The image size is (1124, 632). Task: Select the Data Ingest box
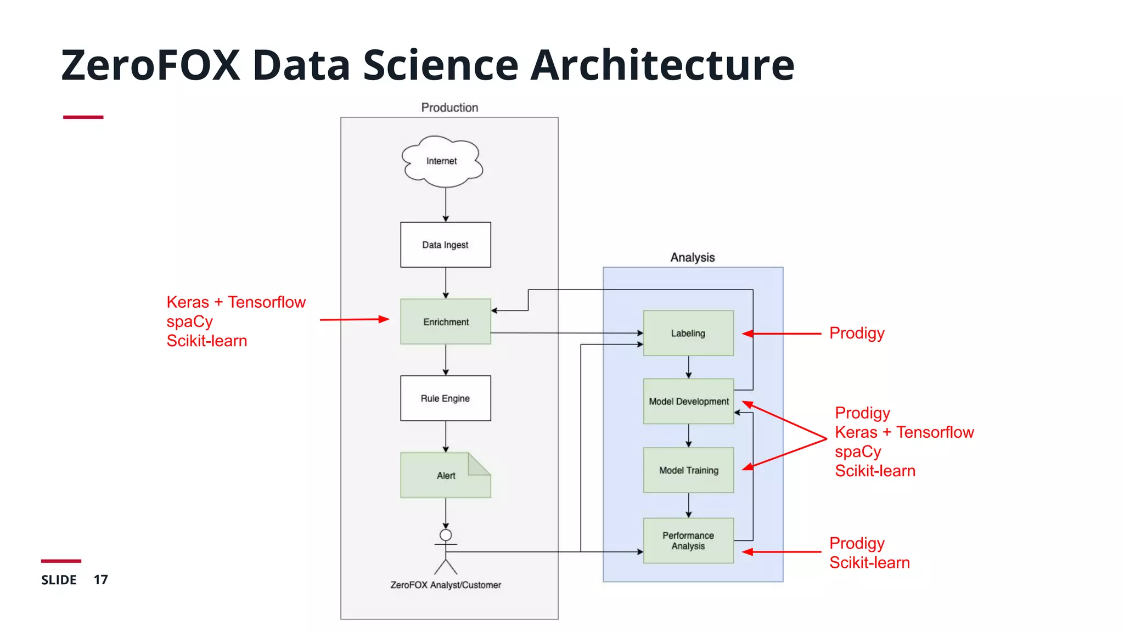(x=445, y=245)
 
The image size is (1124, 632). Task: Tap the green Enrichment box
(x=445, y=321)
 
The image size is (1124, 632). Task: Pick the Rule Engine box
(x=445, y=398)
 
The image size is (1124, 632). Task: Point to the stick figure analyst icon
(x=446, y=550)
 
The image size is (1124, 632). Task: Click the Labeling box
(x=688, y=333)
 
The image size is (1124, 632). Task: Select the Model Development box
(x=688, y=401)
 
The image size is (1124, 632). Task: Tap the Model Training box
(x=688, y=470)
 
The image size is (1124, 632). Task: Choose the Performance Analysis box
(x=688, y=540)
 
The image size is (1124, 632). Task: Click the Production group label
(x=449, y=108)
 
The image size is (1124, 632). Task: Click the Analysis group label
(x=693, y=257)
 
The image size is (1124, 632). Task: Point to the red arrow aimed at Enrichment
(x=354, y=319)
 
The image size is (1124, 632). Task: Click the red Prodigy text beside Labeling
(x=857, y=333)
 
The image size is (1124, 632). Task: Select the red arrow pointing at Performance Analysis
(x=782, y=552)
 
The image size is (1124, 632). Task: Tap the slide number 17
(x=100, y=580)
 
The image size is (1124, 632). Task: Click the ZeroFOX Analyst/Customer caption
(x=446, y=585)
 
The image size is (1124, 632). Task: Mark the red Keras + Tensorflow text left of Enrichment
(x=236, y=302)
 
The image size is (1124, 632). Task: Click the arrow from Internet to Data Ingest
(x=446, y=204)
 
